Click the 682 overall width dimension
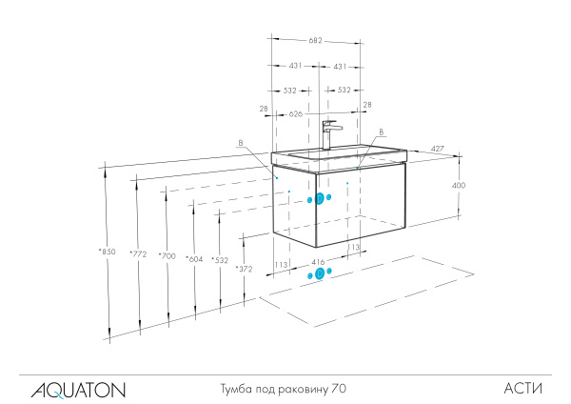[315, 41]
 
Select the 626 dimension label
[296, 114]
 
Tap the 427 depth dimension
[438, 149]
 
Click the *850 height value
[106, 252]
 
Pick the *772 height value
[139, 253]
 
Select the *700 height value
[167, 255]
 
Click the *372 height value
[245, 270]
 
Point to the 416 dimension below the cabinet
[318, 259]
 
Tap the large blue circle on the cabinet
[320, 198]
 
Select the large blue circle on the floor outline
[319, 273]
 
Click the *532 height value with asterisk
[220, 260]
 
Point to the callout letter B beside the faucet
[382, 132]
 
